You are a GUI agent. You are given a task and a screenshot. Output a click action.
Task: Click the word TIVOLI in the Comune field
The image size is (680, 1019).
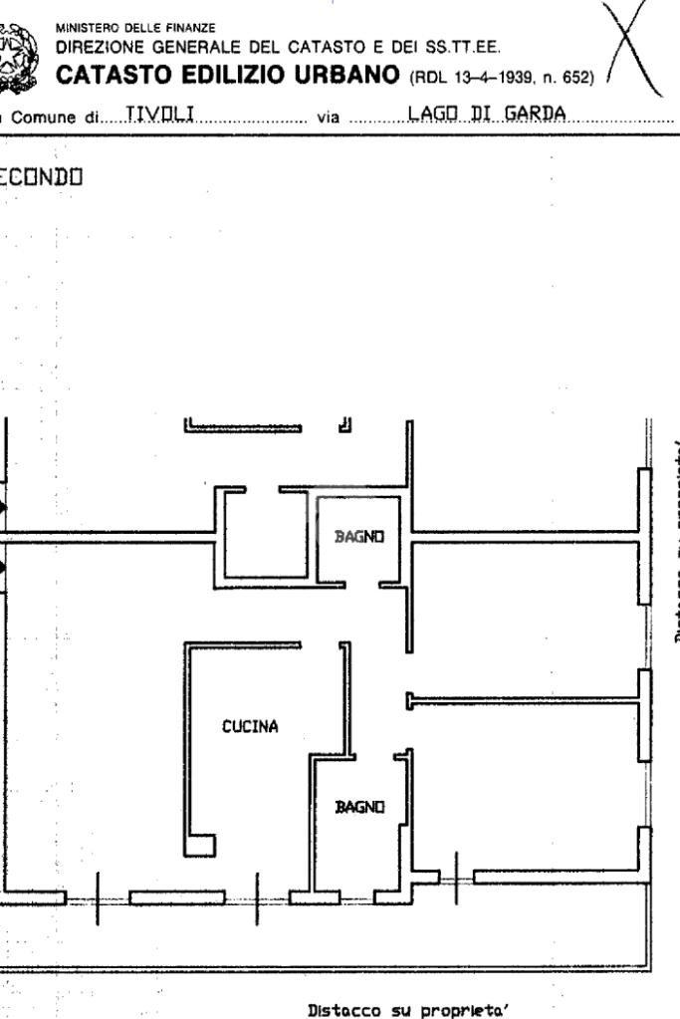pyautogui.click(x=152, y=116)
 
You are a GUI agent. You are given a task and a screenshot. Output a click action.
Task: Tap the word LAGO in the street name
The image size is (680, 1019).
pyautogui.click(x=430, y=115)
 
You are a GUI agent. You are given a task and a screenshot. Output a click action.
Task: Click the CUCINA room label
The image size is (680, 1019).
pyautogui.click(x=250, y=726)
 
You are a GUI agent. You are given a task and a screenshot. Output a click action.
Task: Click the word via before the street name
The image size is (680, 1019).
pyautogui.click(x=328, y=117)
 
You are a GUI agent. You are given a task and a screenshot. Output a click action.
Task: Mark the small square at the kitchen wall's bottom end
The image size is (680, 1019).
pyautogui.click(x=201, y=845)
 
